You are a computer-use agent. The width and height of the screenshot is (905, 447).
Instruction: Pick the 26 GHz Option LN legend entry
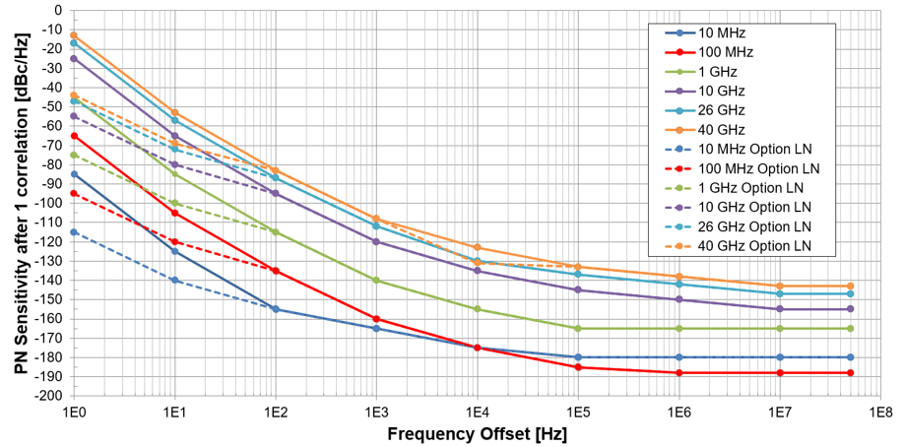[753, 225]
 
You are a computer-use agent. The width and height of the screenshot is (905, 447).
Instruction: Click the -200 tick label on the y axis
[47, 396]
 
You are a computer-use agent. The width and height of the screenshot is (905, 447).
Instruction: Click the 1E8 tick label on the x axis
[879, 411]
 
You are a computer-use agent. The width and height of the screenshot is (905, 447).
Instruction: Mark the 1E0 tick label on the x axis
[74, 411]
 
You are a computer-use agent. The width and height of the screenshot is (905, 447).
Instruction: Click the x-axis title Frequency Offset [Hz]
[477, 433]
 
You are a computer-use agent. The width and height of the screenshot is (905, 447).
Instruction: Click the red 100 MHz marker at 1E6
[679, 373]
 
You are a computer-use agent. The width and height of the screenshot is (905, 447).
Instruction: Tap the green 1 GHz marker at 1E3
[376, 281]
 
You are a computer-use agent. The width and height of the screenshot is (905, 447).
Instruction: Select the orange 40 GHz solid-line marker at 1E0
[74, 35]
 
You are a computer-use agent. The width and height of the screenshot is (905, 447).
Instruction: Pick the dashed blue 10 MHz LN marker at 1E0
[74, 232]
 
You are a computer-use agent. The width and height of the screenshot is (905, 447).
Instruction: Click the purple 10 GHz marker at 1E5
[578, 289]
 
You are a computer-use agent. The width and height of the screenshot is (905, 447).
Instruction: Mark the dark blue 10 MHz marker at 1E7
[779, 357]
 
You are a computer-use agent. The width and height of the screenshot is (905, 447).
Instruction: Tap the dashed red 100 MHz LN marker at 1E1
[174, 241]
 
